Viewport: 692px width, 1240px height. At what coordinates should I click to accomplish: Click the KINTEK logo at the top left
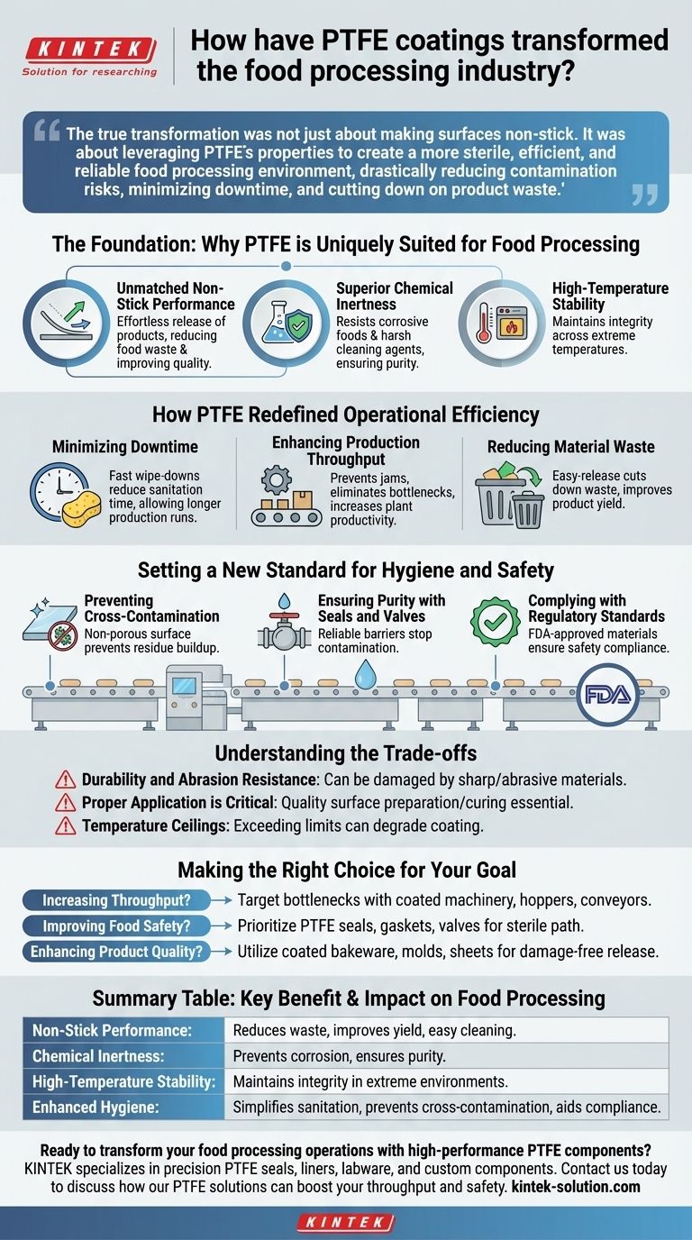tap(89, 49)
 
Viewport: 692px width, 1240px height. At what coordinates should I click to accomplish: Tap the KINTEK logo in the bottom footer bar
tap(346, 1223)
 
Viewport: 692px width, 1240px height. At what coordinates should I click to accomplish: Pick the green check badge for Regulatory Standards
tap(496, 621)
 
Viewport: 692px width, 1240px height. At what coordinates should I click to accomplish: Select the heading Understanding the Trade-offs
tap(346, 753)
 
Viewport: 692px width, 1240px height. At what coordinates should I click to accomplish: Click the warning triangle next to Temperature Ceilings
tap(65, 825)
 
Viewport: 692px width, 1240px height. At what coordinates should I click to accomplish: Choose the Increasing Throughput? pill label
tap(112, 900)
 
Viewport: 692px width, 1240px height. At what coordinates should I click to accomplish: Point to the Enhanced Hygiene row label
tap(90, 1107)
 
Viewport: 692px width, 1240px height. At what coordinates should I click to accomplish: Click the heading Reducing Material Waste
tap(570, 447)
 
